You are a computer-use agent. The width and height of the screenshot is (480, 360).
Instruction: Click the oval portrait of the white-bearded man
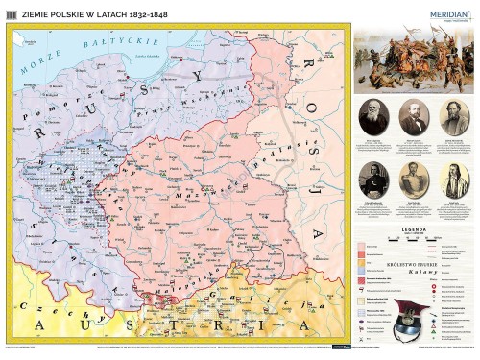click(373, 118)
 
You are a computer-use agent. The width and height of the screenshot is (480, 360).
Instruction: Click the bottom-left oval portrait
click(373, 180)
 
